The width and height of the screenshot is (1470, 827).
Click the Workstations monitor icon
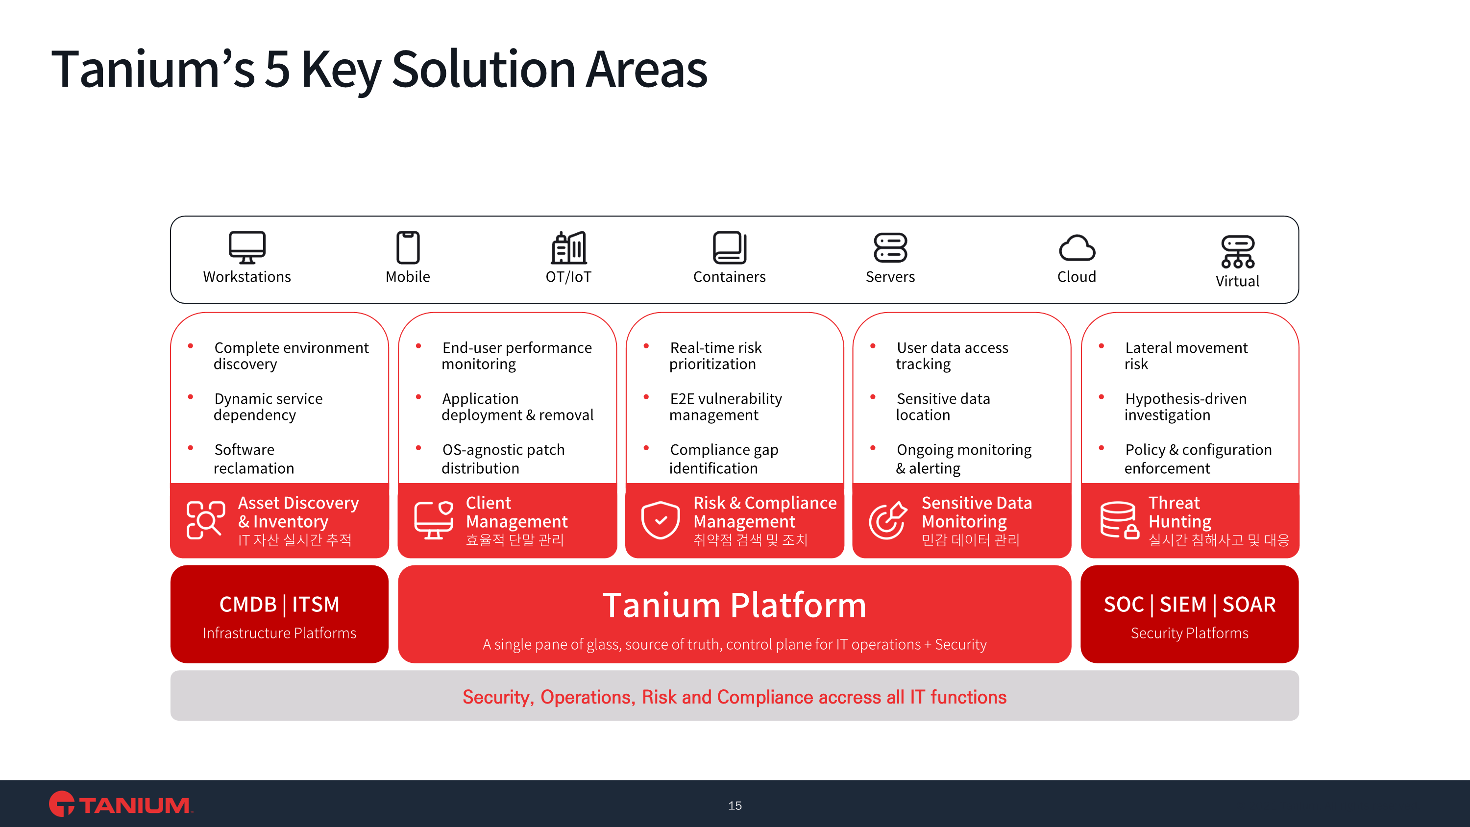[247, 247]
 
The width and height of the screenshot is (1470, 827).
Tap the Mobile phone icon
[408, 247]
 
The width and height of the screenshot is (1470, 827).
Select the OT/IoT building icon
[569, 247]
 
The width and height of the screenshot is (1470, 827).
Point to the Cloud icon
[1077, 248]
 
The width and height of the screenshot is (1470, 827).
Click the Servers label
[890, 277]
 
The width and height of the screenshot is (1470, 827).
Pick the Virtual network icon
[1238, 252]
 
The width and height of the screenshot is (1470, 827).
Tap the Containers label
[729, 277]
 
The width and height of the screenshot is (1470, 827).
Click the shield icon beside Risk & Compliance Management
[660, 520]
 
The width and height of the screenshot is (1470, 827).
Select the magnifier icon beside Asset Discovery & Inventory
[205, 520]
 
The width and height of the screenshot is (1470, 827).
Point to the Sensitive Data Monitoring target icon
[888, 520]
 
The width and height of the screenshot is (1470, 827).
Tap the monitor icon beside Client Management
[434, 520]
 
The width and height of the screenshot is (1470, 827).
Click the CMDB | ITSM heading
[280, 605]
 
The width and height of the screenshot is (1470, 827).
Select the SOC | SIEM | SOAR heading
[1190, 605]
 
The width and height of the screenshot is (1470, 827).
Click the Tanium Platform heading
[735, 605]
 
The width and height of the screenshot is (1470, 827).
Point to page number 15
[735, 806]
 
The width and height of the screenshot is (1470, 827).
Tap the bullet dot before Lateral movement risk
[1102, 346]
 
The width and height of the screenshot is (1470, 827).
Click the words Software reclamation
[254, 459]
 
